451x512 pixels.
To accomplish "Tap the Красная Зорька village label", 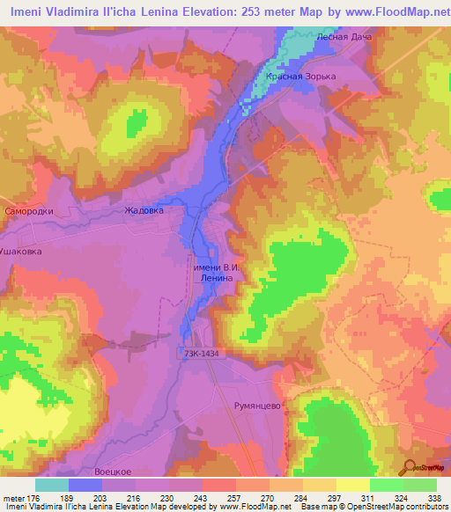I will tap(301, 77).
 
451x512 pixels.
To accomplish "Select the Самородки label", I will tap(28, 212).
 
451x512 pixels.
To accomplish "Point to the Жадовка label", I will tap(144, 211).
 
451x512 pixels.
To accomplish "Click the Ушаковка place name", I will tap(20, 251).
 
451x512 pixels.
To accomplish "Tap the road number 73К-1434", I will tap(203, 353).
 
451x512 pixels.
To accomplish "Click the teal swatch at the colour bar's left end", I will tap(51, 485).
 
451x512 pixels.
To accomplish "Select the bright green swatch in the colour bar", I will tap(386, 485).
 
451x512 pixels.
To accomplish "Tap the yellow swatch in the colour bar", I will tap(352, 485).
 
